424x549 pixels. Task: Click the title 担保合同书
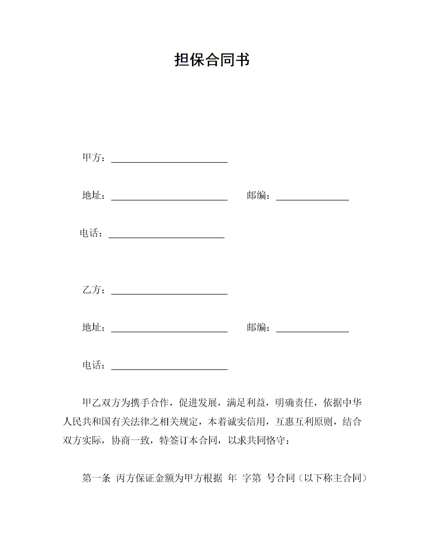point(212,60)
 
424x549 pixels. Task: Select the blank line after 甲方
point(169,159)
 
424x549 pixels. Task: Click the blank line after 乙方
point(169,291)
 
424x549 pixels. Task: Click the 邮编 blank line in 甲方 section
point(312,197)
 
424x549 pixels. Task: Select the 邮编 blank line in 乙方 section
point(312,329)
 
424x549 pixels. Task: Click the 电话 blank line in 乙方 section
point(169,367)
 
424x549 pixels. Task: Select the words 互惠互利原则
point(304,422)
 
